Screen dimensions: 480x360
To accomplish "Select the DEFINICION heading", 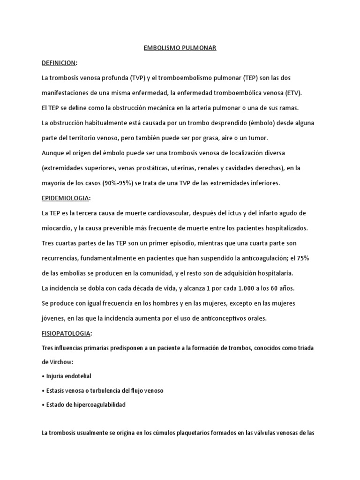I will [59, 63].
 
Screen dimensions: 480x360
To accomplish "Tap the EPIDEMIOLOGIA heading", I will [65, 198].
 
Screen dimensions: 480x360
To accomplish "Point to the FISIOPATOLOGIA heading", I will [67, 333].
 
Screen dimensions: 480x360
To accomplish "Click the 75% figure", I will [302, 258].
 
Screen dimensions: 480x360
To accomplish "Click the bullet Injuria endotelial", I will [68, 376].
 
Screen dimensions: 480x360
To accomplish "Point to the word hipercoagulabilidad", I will [99, 405].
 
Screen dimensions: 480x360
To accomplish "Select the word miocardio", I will [57, 228].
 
